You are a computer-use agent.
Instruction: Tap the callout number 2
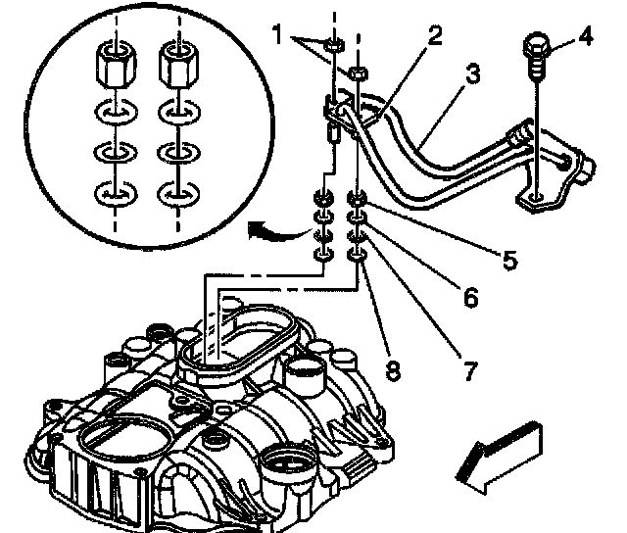tap(434, 37)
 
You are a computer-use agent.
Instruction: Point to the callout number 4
tap(586, 39)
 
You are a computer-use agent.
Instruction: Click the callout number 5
tap(508, 260)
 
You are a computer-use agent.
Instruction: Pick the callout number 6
tap(470, 296)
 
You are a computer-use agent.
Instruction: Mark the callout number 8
tap(392, 371)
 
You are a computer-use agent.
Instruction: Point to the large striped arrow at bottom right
tap(499, 452)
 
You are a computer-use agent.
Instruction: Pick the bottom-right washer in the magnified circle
tap(178, 195)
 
